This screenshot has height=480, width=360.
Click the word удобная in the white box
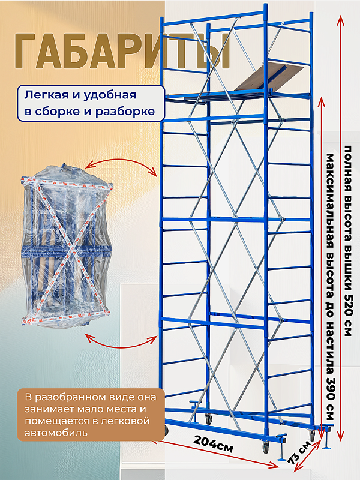point(110,95)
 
